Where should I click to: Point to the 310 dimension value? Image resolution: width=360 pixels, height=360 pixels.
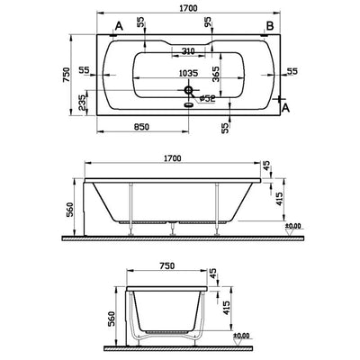click(188, 50)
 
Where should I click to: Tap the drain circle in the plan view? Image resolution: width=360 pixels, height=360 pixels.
click(189, 90)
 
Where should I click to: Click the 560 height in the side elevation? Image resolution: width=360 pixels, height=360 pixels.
click(66, 211)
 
